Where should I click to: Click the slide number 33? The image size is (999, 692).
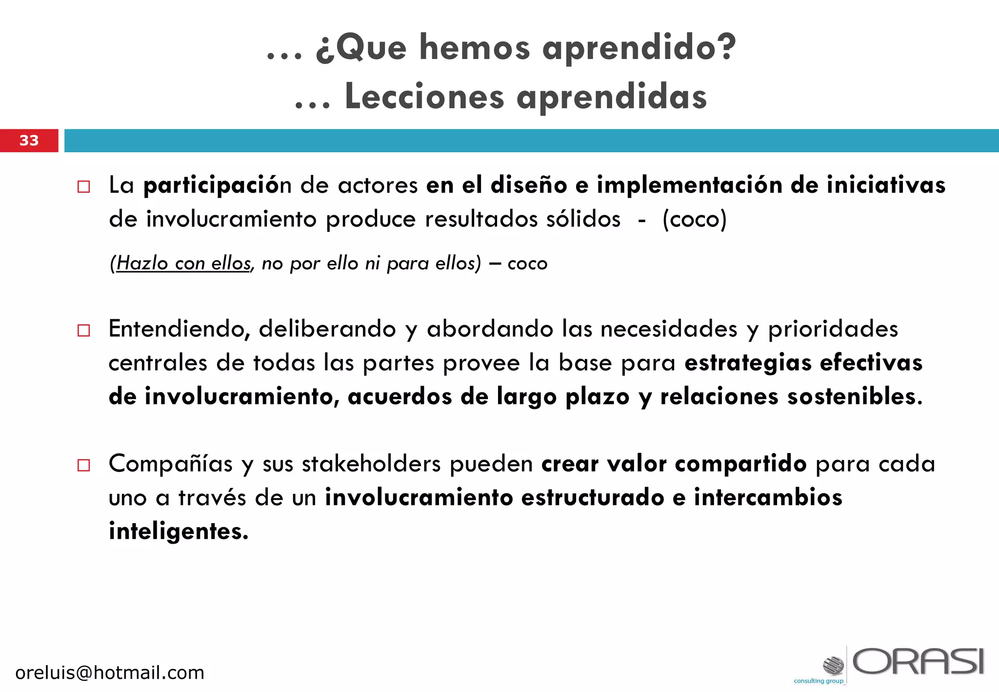click(29, 141)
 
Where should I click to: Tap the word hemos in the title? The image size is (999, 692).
click(474, 48)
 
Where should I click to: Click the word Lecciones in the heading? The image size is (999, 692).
click(424, 97)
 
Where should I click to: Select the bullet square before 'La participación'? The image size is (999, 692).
click(84, 187)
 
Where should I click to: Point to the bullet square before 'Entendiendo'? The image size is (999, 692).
click(84, 330)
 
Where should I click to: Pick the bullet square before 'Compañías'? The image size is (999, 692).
click(84, 465)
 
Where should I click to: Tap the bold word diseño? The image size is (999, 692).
click(529, 185)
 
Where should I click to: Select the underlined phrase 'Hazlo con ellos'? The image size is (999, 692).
click(183, 264)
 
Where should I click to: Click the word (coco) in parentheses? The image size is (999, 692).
click(694, 219)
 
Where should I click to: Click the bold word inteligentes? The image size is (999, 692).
click(179, 531)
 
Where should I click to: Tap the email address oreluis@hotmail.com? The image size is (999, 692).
click(110, 673)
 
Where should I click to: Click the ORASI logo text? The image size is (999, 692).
click(918, 662)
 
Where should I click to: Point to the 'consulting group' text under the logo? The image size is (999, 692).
click(819, 681)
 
